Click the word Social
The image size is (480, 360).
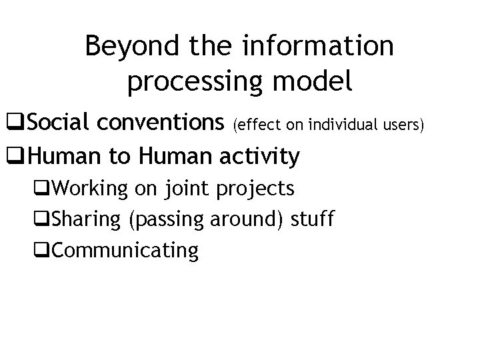click(58, 123)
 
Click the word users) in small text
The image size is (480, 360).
click(403, 124)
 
